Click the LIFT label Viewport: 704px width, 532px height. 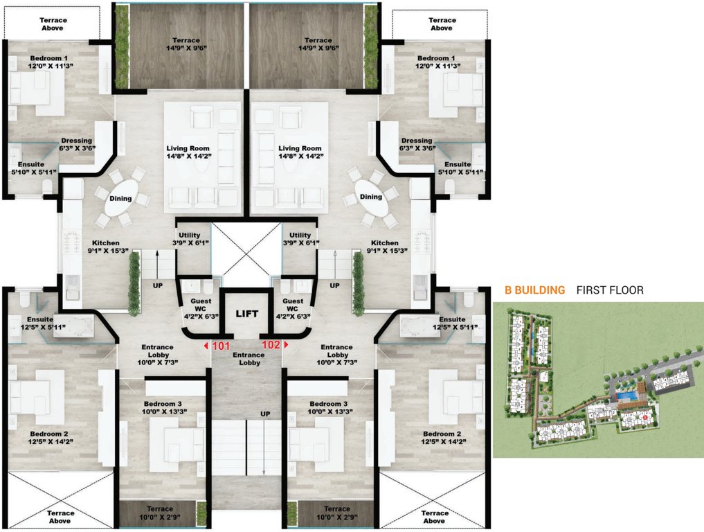click(x=248, y=314)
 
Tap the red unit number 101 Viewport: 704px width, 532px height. click(x=220, y=344)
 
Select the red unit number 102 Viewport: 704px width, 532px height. click(x=271, y=344)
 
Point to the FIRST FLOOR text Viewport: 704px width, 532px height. click(x=609, y=290)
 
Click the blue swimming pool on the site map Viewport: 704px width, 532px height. click(x=626, y=396)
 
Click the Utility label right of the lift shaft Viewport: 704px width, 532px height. click(x=300, y=239)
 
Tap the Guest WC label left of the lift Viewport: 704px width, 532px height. click(x=199, y=306)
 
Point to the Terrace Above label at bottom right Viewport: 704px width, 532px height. click(x=434, y=517)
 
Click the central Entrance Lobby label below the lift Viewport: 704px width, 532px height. click(x=248, y=359)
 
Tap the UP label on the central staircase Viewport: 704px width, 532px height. click(x=264, y=414)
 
